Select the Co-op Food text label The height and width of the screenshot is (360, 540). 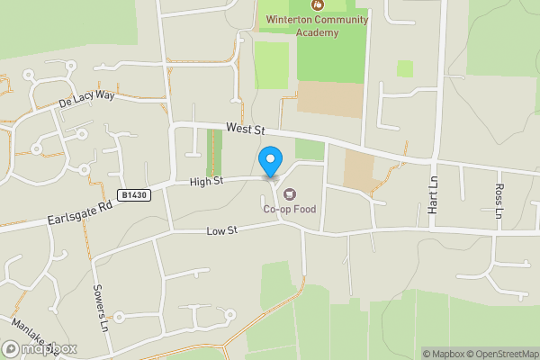point(289,210)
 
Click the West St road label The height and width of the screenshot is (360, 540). point(245,130)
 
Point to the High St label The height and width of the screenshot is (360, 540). point(206,182)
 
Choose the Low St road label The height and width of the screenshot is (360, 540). point(220,231)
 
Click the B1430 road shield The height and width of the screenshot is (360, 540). point(132,194)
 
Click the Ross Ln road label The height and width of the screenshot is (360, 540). point(499,201)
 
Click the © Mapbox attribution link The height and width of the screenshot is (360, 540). point(444,354)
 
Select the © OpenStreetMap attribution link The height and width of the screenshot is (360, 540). point(503,354)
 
